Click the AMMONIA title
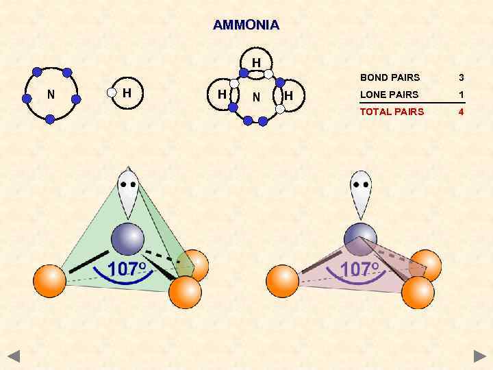pyautogui.click(x=246, y=25)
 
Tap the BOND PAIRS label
pyautogui.click(x=390, y=77)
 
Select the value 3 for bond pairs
pyautogui.click(x=462, y=77)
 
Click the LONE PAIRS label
pyautogui.click(x=389, y=95)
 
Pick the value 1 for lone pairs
pyautogui.click(x=462, y=95)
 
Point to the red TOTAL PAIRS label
pyautogui.click(x=392, y=112)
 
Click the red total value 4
pyautogui.click(x=462, y=112)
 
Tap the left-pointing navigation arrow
pyautogui.click(x=14, y=356)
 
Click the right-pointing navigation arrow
pyautogui.click(x=479, y=356)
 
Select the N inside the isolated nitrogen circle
pyautogui.click(x=51, y=95)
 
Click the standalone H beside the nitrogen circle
pyautogui.click(x=127, y=92)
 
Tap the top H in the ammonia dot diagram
pyautogui.click(x=255, y=63)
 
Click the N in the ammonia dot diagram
pyautogui.click(x=255, y=97)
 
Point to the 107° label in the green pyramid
pyautogui.click(x=127, y=269)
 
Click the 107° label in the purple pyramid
pyautogui.click(x=360, y=269)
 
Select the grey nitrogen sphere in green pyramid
pyautogui.click(x=127, y=239)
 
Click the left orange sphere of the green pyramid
pyautogui.click(x=50, y=280)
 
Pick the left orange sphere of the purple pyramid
pyautogui.click(x=282, y=281)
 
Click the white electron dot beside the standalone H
pyautogui.click(x=112, y=92)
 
